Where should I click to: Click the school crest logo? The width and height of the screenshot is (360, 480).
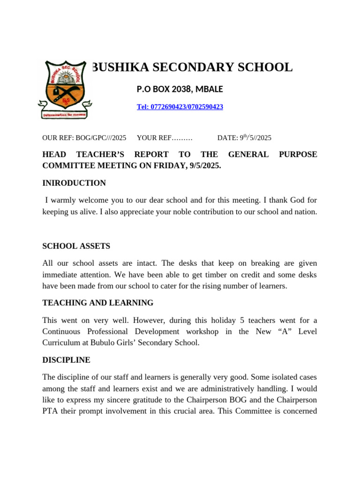click(65, 89)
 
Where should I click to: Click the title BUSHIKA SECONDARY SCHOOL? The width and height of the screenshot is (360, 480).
click(191, 67)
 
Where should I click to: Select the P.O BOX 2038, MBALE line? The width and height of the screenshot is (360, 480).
click(180, 89)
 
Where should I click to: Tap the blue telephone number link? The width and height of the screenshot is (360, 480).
click(180, 107)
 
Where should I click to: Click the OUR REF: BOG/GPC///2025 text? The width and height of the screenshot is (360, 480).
click(84, 138)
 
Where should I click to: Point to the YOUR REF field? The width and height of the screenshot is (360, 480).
click(165, 138)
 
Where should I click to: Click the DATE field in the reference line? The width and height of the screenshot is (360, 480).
click(244, 138)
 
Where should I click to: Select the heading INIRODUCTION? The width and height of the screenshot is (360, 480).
click(74, 183)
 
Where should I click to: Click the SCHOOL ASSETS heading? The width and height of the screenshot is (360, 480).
click(76, 246)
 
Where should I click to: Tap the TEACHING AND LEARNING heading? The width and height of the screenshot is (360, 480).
click(97, 303)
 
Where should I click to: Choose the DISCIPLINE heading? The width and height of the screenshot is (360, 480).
click(66, 360)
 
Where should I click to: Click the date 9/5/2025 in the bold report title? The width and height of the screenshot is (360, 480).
click(203, 165)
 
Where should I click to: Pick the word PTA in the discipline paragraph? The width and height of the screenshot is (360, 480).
click(51, 411)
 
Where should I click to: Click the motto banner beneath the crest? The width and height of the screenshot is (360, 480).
click(64, 114)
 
